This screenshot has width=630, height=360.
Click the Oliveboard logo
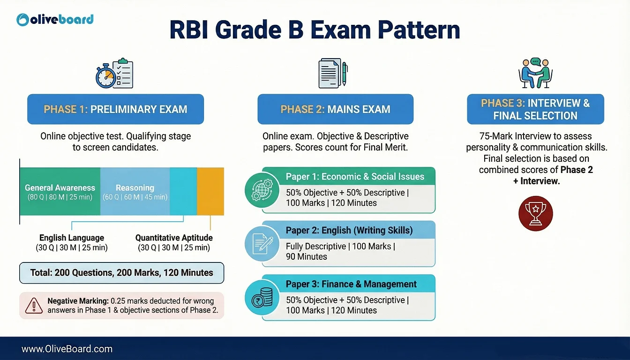55,20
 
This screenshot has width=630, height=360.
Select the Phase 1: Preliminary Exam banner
116,109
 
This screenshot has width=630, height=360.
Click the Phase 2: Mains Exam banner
336,109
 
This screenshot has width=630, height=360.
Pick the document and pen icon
333,73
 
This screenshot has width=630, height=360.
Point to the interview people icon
535,73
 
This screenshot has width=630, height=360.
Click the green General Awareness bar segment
60,192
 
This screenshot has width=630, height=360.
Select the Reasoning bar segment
135,192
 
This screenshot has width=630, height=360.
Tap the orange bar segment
210,192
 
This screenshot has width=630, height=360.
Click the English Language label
72,238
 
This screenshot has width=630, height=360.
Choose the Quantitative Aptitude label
174,238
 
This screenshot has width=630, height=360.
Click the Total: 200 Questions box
122,273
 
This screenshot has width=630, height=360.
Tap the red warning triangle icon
34,306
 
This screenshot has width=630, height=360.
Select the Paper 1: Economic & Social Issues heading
355,176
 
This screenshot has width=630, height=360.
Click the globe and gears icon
262,190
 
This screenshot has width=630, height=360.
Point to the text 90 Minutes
307,256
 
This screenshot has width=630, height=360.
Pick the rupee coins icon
262,297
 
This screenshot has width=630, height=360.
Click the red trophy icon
536,213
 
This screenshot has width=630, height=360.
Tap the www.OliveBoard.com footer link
67,349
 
